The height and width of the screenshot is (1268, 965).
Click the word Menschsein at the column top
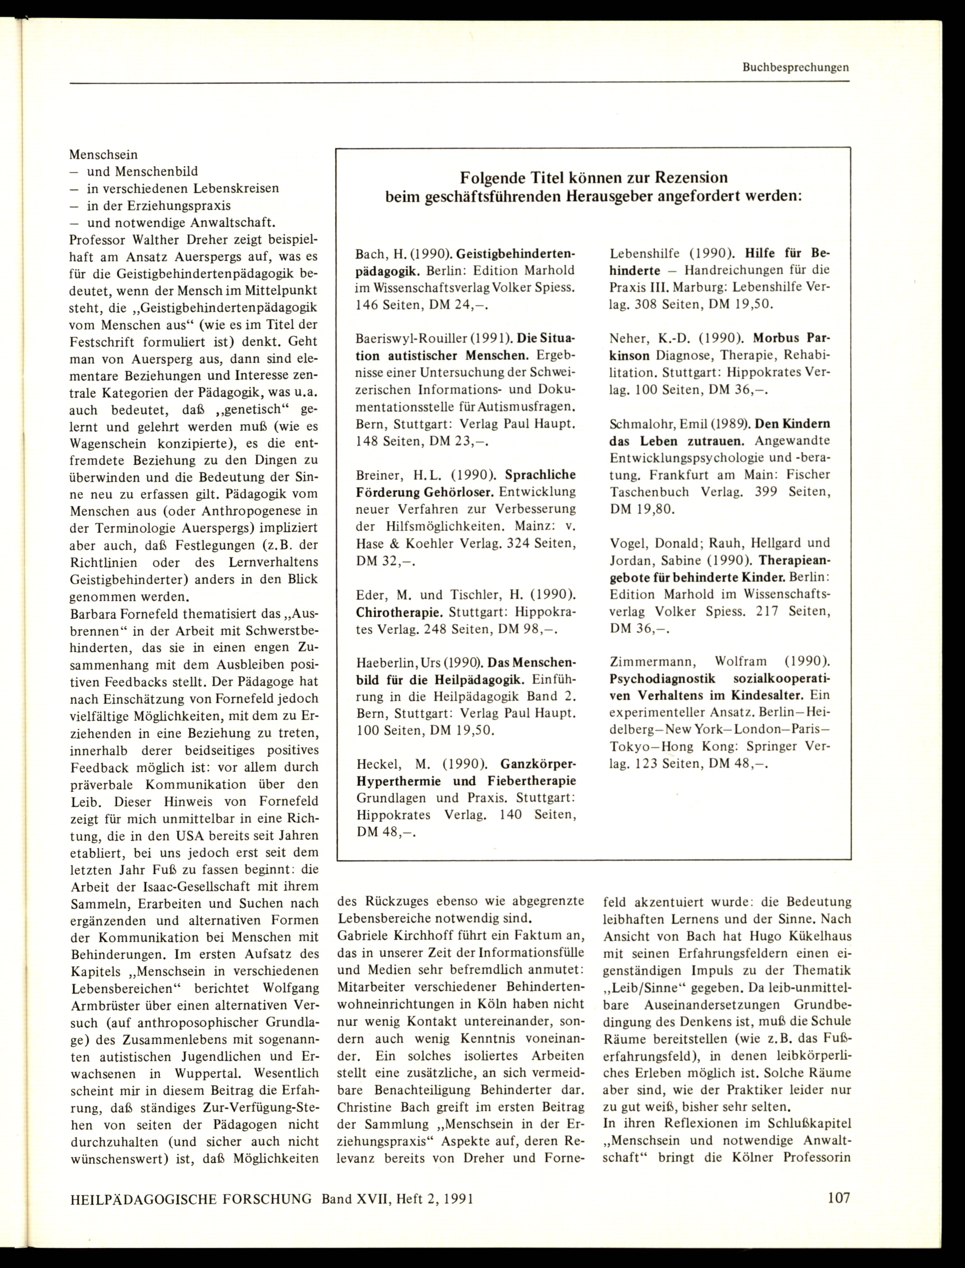(103, 155)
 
